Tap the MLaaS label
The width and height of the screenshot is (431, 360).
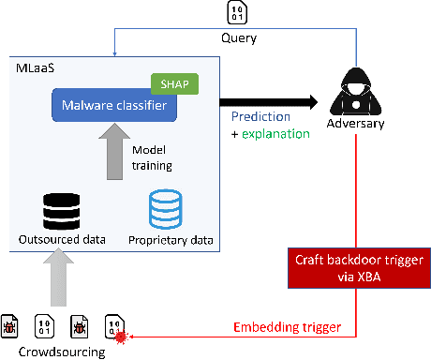pyautogui.click(x=35, y=69)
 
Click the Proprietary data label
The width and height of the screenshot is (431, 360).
pyautogui.click(x=171, y=240)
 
